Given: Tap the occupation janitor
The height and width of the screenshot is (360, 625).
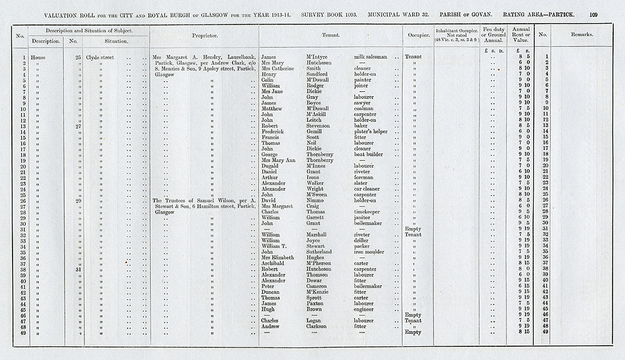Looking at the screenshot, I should coord(364,217).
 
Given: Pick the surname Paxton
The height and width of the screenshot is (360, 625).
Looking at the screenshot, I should coord(317,303).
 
